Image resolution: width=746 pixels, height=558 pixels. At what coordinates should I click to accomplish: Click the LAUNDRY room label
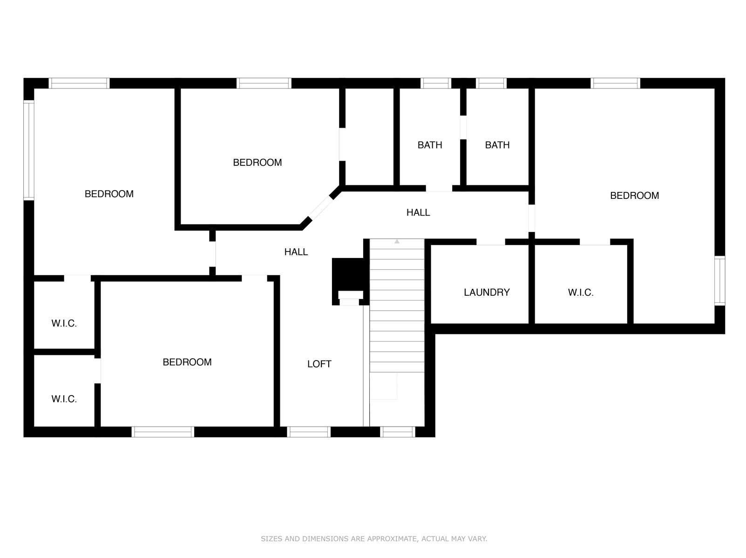(x=486, y=292)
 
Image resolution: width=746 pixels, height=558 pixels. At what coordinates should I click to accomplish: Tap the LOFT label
(x=319, y=364)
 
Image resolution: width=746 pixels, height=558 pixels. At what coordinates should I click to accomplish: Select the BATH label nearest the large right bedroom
(x=497, y=145)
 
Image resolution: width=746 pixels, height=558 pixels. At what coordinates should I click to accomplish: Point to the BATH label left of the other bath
(x=430, y=145)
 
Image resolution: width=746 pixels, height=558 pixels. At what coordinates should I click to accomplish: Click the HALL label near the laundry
(x=418, y=212)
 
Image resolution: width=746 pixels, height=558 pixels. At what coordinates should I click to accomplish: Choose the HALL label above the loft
(x=296, y=252)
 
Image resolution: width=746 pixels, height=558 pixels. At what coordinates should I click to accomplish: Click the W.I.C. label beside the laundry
(x=581, y=292)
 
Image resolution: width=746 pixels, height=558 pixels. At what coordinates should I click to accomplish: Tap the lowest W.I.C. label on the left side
(x=64, y=399)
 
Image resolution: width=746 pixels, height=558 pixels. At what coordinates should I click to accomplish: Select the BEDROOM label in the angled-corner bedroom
(x=257, y=163)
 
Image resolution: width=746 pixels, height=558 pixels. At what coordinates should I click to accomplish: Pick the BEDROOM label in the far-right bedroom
(x=634, y=196)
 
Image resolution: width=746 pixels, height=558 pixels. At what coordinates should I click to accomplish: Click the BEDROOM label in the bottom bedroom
(x=187, y=362)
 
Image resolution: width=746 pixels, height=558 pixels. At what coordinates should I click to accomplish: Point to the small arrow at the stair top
(x=397, y=241)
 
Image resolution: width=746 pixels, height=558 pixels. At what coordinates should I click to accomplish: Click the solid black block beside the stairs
(x=348, y=274)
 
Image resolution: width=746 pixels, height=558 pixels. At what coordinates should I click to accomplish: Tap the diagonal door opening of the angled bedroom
(x=320, y=208)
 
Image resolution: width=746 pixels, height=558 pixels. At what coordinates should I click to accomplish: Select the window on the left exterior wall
(x=28, y=150)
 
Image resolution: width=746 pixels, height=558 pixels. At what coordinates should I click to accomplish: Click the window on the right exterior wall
(x=719, y=280)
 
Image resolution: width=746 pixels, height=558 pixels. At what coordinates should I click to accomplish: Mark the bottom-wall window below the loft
(x=309, y=432)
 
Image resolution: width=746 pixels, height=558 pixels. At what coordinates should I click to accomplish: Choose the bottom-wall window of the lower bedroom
(x=163, y=432)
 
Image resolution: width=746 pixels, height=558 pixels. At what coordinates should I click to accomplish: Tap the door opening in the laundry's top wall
(x=490, y=242)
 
